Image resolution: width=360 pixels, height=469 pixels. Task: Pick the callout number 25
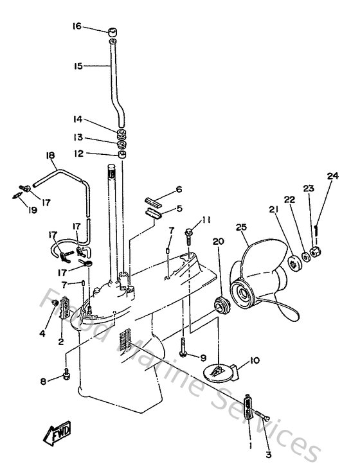pyautogui.click(x=241, y=228)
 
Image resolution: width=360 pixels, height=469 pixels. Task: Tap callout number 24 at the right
pyautogui.click(x=332, y=176)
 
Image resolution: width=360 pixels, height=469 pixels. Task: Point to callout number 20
pyautogui.click(x=217, y=241)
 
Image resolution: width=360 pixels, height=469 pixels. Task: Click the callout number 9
pyautogui.click(x=203, y=357)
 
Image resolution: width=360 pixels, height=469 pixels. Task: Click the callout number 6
pyautogui.click(x=179, y=190)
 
